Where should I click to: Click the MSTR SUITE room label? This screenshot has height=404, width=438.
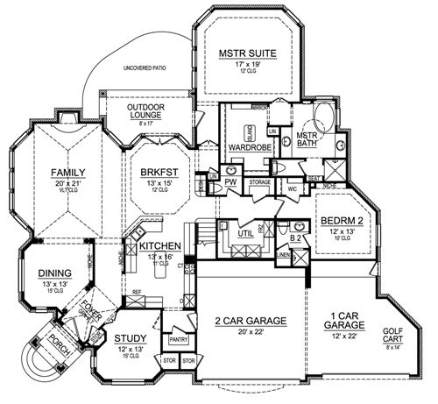tap(247, 53)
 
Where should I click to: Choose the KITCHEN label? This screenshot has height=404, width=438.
tap(159, 245)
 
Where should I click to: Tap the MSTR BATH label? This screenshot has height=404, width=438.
tap(307, 140)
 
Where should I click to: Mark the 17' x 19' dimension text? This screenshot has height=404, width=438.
tap(247, 64)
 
